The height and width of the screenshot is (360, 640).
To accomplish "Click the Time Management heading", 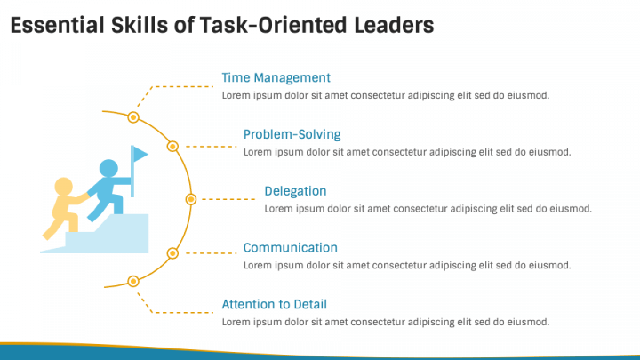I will (276, 77).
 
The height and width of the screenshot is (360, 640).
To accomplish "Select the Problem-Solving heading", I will (292, 134).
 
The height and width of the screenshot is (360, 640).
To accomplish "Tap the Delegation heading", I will (295, 191).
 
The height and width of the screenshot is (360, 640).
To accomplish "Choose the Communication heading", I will (290, 248).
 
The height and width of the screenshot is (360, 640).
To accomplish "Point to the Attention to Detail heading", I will (274, 305).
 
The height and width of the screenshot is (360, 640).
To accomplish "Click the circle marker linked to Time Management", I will (133, 116).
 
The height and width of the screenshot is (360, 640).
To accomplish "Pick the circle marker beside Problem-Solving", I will (173, 146).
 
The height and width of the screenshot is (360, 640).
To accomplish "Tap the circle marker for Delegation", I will (190, 199).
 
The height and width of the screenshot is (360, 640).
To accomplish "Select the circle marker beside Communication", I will (173, 253).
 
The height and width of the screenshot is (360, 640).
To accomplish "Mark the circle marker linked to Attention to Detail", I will (133, 282).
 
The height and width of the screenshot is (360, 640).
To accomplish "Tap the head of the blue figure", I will (108, 168).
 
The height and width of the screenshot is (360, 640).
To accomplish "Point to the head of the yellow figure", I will (63, 187).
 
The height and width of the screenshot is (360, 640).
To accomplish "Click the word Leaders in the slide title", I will (392, 26).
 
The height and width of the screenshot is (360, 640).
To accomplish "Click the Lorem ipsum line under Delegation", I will (428, 209).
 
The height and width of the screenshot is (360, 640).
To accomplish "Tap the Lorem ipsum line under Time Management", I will (385, 95).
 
